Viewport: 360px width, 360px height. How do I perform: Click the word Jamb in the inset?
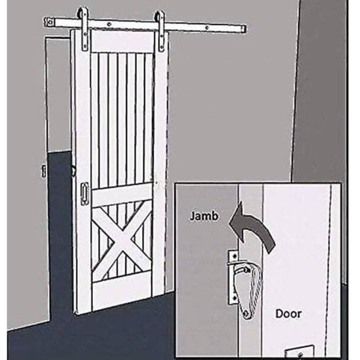tap(204, 216)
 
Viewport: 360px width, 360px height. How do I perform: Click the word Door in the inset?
tap(288, 314)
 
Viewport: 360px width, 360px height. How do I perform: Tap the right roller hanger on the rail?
tap(160, 31)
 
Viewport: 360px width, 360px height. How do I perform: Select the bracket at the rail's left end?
tap(49, 22)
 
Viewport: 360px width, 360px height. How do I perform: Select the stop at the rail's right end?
tap(244, 29)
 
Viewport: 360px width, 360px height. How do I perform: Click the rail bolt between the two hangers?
tap(110, 24)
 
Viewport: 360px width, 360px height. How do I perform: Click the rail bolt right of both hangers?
tap(207, 28)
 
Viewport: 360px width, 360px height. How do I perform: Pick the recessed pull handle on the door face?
tap(85, 194)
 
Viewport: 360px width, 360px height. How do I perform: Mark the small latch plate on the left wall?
tap(44, 171)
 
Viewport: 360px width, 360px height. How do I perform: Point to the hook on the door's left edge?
tap(73, 171)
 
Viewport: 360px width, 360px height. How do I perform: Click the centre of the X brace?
tap(122, 241)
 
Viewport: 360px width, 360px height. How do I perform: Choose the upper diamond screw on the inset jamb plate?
tap(235, 256)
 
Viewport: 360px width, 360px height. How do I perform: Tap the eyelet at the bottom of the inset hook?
tap(247, 314)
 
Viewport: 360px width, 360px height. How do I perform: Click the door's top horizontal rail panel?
tap(122, 41)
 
